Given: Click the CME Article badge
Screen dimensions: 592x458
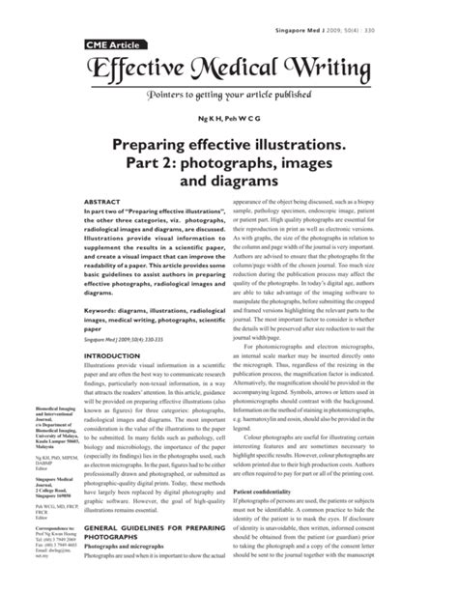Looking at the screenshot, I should coord(100,44).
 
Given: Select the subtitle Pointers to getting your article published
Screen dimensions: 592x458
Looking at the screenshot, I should coord(229,97).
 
